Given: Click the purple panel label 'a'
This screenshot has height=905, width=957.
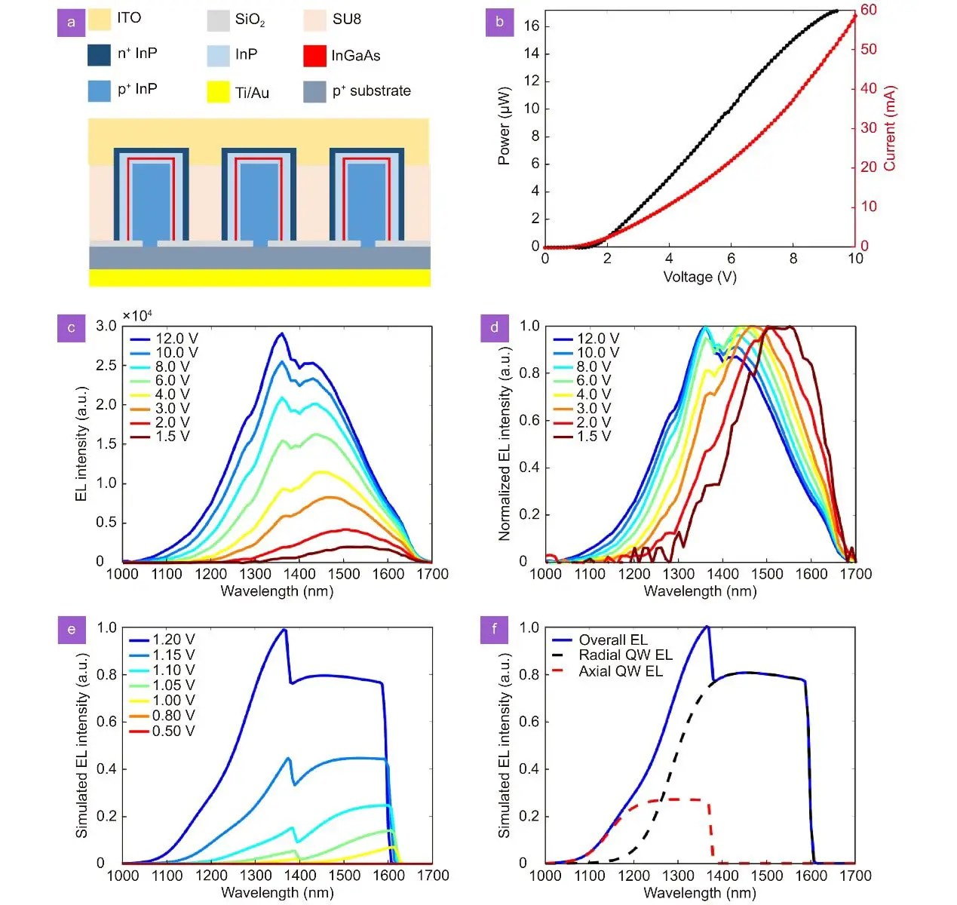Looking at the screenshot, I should click(72, 22).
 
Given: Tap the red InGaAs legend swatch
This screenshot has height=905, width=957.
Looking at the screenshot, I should click(314, 56).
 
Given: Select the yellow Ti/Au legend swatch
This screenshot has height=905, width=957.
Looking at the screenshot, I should click(218, 92).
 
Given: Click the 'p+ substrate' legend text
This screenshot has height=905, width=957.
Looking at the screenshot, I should click(371, 91).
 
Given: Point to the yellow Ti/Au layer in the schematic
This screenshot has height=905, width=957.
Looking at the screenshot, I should click(259, 278).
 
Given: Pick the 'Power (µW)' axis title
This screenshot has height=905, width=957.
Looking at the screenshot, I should click(504, 126).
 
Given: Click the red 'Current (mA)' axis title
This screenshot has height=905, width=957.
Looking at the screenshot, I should click(890, 128).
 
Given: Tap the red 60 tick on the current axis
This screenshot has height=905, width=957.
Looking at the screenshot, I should click(869, 10).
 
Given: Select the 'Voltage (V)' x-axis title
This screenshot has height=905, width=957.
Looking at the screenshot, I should click(699, 277).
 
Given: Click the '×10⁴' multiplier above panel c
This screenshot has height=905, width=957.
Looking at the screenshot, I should click(137, 315).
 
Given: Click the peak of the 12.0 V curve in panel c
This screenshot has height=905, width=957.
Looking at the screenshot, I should click(281, 333).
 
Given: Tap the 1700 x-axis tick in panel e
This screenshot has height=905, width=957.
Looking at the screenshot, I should click(433, 876).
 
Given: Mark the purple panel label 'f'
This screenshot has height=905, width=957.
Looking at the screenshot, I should click(495, 628).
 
